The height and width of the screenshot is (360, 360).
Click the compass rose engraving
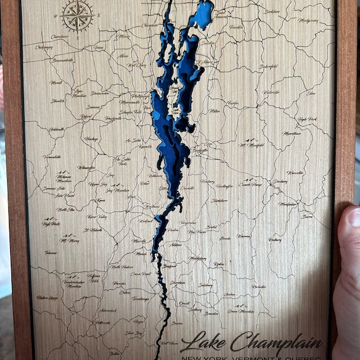pos(78,16)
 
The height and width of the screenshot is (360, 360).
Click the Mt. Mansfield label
pos(251,145)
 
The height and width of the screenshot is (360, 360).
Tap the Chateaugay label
pos(44,47)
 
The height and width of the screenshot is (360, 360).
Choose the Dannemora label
pos(100,93)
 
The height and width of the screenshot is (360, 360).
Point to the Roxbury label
pos(275,239)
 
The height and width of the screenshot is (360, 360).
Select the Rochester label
pos(259,287)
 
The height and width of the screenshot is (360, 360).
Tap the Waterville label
pos(271,92)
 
